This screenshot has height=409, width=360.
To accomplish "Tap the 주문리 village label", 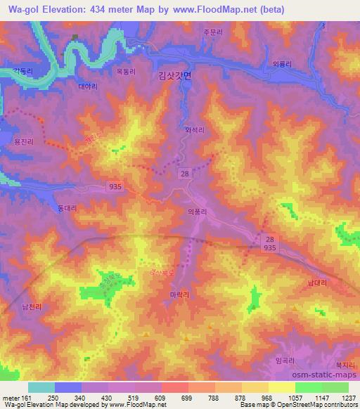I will tap(212, 32).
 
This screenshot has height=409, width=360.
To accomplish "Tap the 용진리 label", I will tap(22, 141).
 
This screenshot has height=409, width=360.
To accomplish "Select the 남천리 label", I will tap(32, 306).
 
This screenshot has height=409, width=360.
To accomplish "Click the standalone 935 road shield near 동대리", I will tap(117, 186).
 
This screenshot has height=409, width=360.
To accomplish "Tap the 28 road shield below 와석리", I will tap(184, 173).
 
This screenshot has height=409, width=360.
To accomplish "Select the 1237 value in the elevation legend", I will tap(347, 398).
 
